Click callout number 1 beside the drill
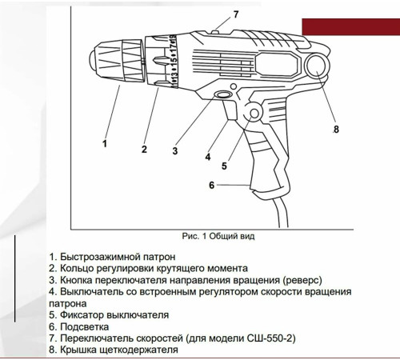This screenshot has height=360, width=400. point(104,144)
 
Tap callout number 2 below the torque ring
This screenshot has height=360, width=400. point(144,149)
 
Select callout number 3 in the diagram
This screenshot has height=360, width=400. point(174,150)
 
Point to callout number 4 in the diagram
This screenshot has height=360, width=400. point(208,157)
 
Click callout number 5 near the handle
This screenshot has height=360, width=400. point(224,166)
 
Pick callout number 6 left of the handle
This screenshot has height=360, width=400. point(211,185)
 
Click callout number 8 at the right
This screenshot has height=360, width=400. point(336,129)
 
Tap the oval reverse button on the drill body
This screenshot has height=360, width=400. point(222,96)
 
